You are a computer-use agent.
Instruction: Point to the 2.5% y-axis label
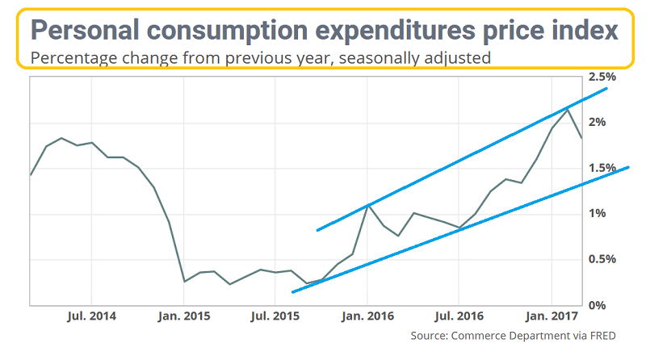tap(602, 77)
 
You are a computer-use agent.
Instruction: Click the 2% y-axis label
tap(598, 122)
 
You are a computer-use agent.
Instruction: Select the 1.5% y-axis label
tap(602, 168)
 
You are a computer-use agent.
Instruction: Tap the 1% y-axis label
tap(598, 213)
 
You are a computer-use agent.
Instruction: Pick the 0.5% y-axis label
tap(602, 259)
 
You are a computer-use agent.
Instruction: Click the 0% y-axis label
tap(597, 305)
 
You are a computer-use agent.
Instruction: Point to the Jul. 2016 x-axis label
tap(459, 316)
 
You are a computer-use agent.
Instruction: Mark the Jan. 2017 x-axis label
tap(551, 316)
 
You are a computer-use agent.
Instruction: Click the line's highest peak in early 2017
tap(568, 109)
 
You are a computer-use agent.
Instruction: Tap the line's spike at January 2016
tap(368, 206)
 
